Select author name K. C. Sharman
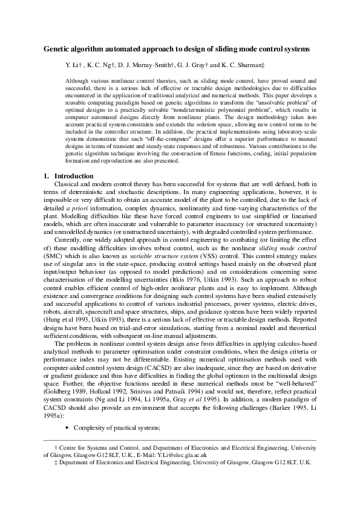coord(242,63)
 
